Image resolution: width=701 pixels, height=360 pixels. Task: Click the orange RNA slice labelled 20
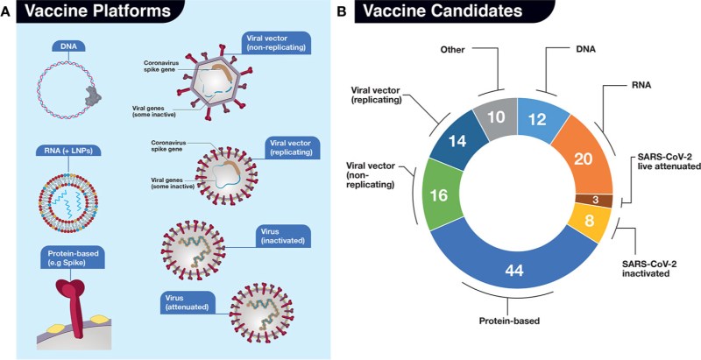(577, 158)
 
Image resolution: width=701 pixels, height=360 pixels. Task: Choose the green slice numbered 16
(437, 194)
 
